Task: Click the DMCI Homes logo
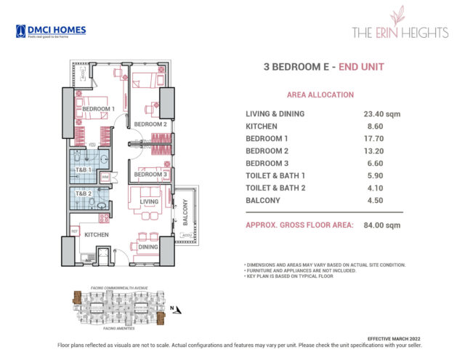click(50, 31)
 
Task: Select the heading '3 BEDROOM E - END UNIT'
click(323, 68)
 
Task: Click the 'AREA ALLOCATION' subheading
click(320, 95)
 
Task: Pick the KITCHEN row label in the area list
click(263, 126)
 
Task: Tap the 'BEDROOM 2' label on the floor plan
click(150, 124)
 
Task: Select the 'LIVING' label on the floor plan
click(149, 201)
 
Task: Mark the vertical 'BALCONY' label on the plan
click(185, 211)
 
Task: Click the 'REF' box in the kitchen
click(74, 231)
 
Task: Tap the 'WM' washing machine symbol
click(105, 176)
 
